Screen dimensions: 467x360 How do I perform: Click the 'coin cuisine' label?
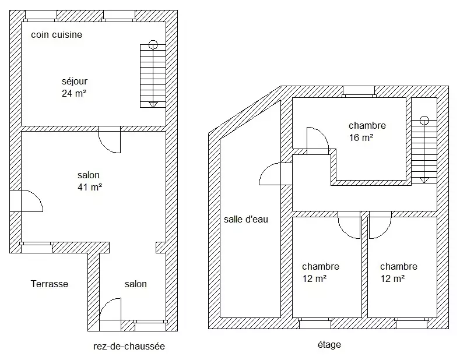pyautogui.click(x=57, y=34)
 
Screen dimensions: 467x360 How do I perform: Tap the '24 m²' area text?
pyautogui.click(x=74, y=93)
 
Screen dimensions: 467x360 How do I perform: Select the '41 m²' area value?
pyautogui.click(x=90, y=187)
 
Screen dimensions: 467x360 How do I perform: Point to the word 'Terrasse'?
pyautogui.click(x=50, y=284)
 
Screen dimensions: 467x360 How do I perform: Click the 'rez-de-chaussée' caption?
pyautogui.click(x=129, y=347)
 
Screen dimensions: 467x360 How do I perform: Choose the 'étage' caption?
pyautogui.click(x=329, y=344)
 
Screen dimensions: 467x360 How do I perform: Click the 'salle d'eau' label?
pyautogui.click(x=246, y=219)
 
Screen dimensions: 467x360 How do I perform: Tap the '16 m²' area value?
pyautogui.click(x=361, y=137)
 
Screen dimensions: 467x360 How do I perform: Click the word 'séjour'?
pyautogui.click(x=75, y=81)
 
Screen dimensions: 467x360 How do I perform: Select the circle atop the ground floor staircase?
pyautogui.click(x=153, y=45)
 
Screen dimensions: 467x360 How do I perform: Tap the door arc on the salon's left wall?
pyautogui.click(x=37, y=196)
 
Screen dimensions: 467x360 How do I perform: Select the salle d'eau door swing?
pyautogui.click(x=265, y=169)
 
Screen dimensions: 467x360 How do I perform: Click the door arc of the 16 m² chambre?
pyautogui.click(x=323, y=135)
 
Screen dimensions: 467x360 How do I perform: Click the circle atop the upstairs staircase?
pyautogui.click(x=424, y=121)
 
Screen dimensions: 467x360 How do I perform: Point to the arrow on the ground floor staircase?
pyautogui.click(x=153, y=104)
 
